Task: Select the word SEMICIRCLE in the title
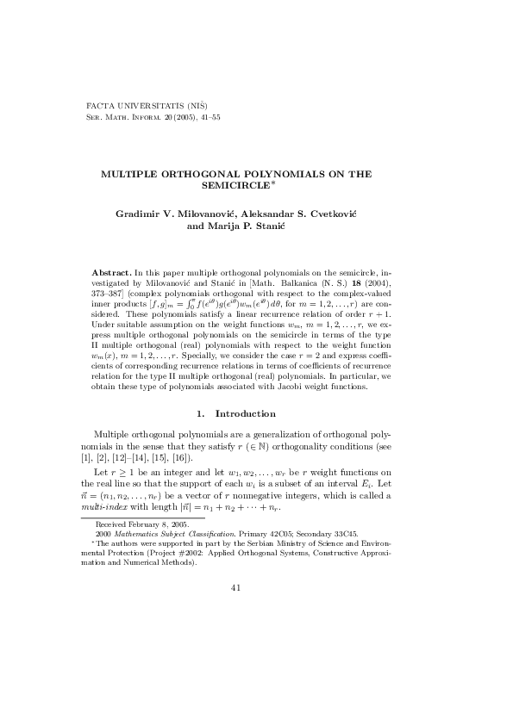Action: (234, 185)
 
